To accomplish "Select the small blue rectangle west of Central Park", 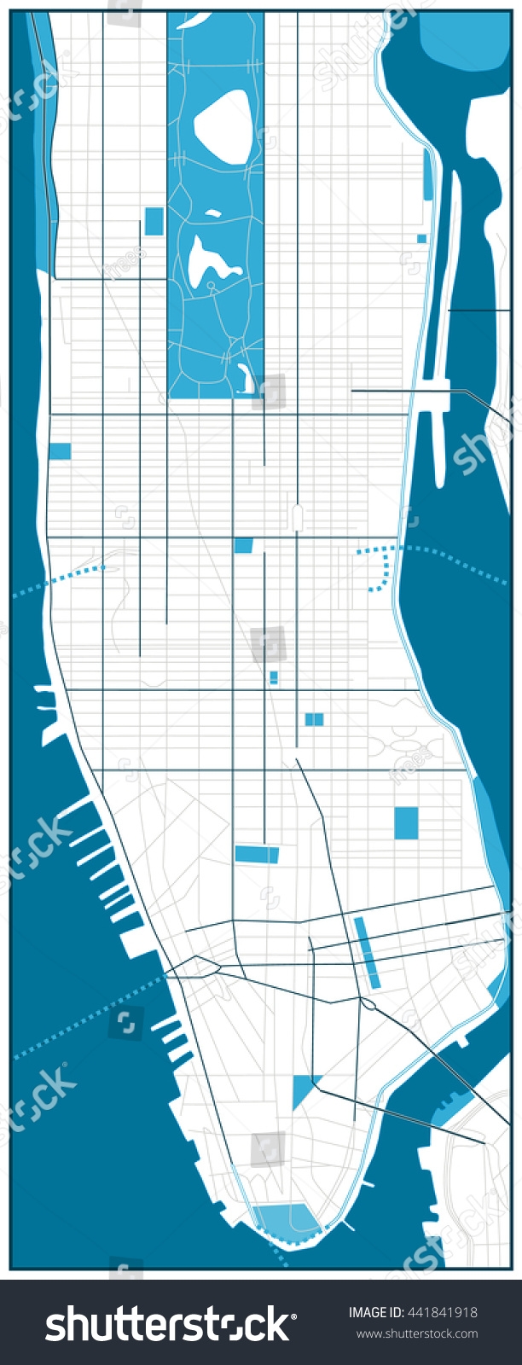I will [154, 221].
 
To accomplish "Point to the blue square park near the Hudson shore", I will [60, 450].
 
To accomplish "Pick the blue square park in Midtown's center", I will [244, 545].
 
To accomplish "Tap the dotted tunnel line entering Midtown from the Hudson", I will [60, 579].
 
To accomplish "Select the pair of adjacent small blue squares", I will [314, 719].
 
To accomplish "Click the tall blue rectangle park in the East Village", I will [406, 822].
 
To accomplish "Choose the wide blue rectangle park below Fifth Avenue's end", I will [257, 853].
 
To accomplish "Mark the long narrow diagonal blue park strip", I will [367, 952].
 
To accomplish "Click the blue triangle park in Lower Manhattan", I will [300, 1089].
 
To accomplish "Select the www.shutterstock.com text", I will [416, 1333].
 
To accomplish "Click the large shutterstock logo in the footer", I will [167, 1323].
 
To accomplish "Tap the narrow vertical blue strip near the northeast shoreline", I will [427, 174].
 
